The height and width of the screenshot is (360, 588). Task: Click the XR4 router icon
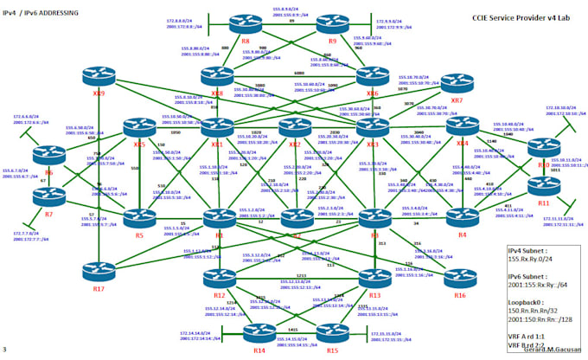(x=462, y=126)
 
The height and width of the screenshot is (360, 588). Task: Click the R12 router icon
(x=218, y=280)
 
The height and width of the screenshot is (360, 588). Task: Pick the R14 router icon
(x=259, y=331)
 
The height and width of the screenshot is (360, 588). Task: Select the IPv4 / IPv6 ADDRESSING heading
(x=40, y=14)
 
